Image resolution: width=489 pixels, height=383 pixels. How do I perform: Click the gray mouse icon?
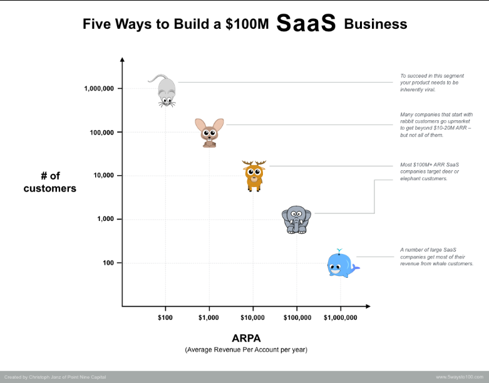[166, 90]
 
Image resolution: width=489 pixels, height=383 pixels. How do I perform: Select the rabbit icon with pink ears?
[209, 133]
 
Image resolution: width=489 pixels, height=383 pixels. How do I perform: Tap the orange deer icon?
[254, 176]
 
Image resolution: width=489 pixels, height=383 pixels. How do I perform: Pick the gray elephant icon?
[296, 220]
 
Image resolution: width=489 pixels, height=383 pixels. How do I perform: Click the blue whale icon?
[342, 264]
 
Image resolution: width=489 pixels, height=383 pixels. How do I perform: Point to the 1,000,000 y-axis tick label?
[99, 88]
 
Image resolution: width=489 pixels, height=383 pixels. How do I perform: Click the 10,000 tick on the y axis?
[103, 175]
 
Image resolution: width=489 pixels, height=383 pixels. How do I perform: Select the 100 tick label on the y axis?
[108, 263]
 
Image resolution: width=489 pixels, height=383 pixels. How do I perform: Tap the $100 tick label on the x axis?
[165, 317]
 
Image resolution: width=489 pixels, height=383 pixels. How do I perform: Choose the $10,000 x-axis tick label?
[252, 317]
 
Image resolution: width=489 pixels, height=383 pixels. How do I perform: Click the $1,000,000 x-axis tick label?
[341, 317]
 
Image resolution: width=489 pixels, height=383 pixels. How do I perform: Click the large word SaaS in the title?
[306, 23]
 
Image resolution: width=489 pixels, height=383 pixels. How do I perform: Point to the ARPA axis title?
[246, 338]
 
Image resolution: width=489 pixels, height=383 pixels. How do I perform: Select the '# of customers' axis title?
[50, 182]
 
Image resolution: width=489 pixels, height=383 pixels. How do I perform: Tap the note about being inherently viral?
[432, 83]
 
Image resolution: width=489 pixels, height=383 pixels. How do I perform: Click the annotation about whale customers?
[436, 257]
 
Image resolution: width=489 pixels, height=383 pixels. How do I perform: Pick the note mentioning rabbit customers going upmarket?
[436, 125]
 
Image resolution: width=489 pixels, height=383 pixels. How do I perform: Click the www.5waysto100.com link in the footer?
[460, 377]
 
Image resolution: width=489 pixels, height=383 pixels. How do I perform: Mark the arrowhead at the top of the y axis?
[122, 59]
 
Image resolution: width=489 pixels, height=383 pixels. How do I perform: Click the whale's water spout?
[339, 251]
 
